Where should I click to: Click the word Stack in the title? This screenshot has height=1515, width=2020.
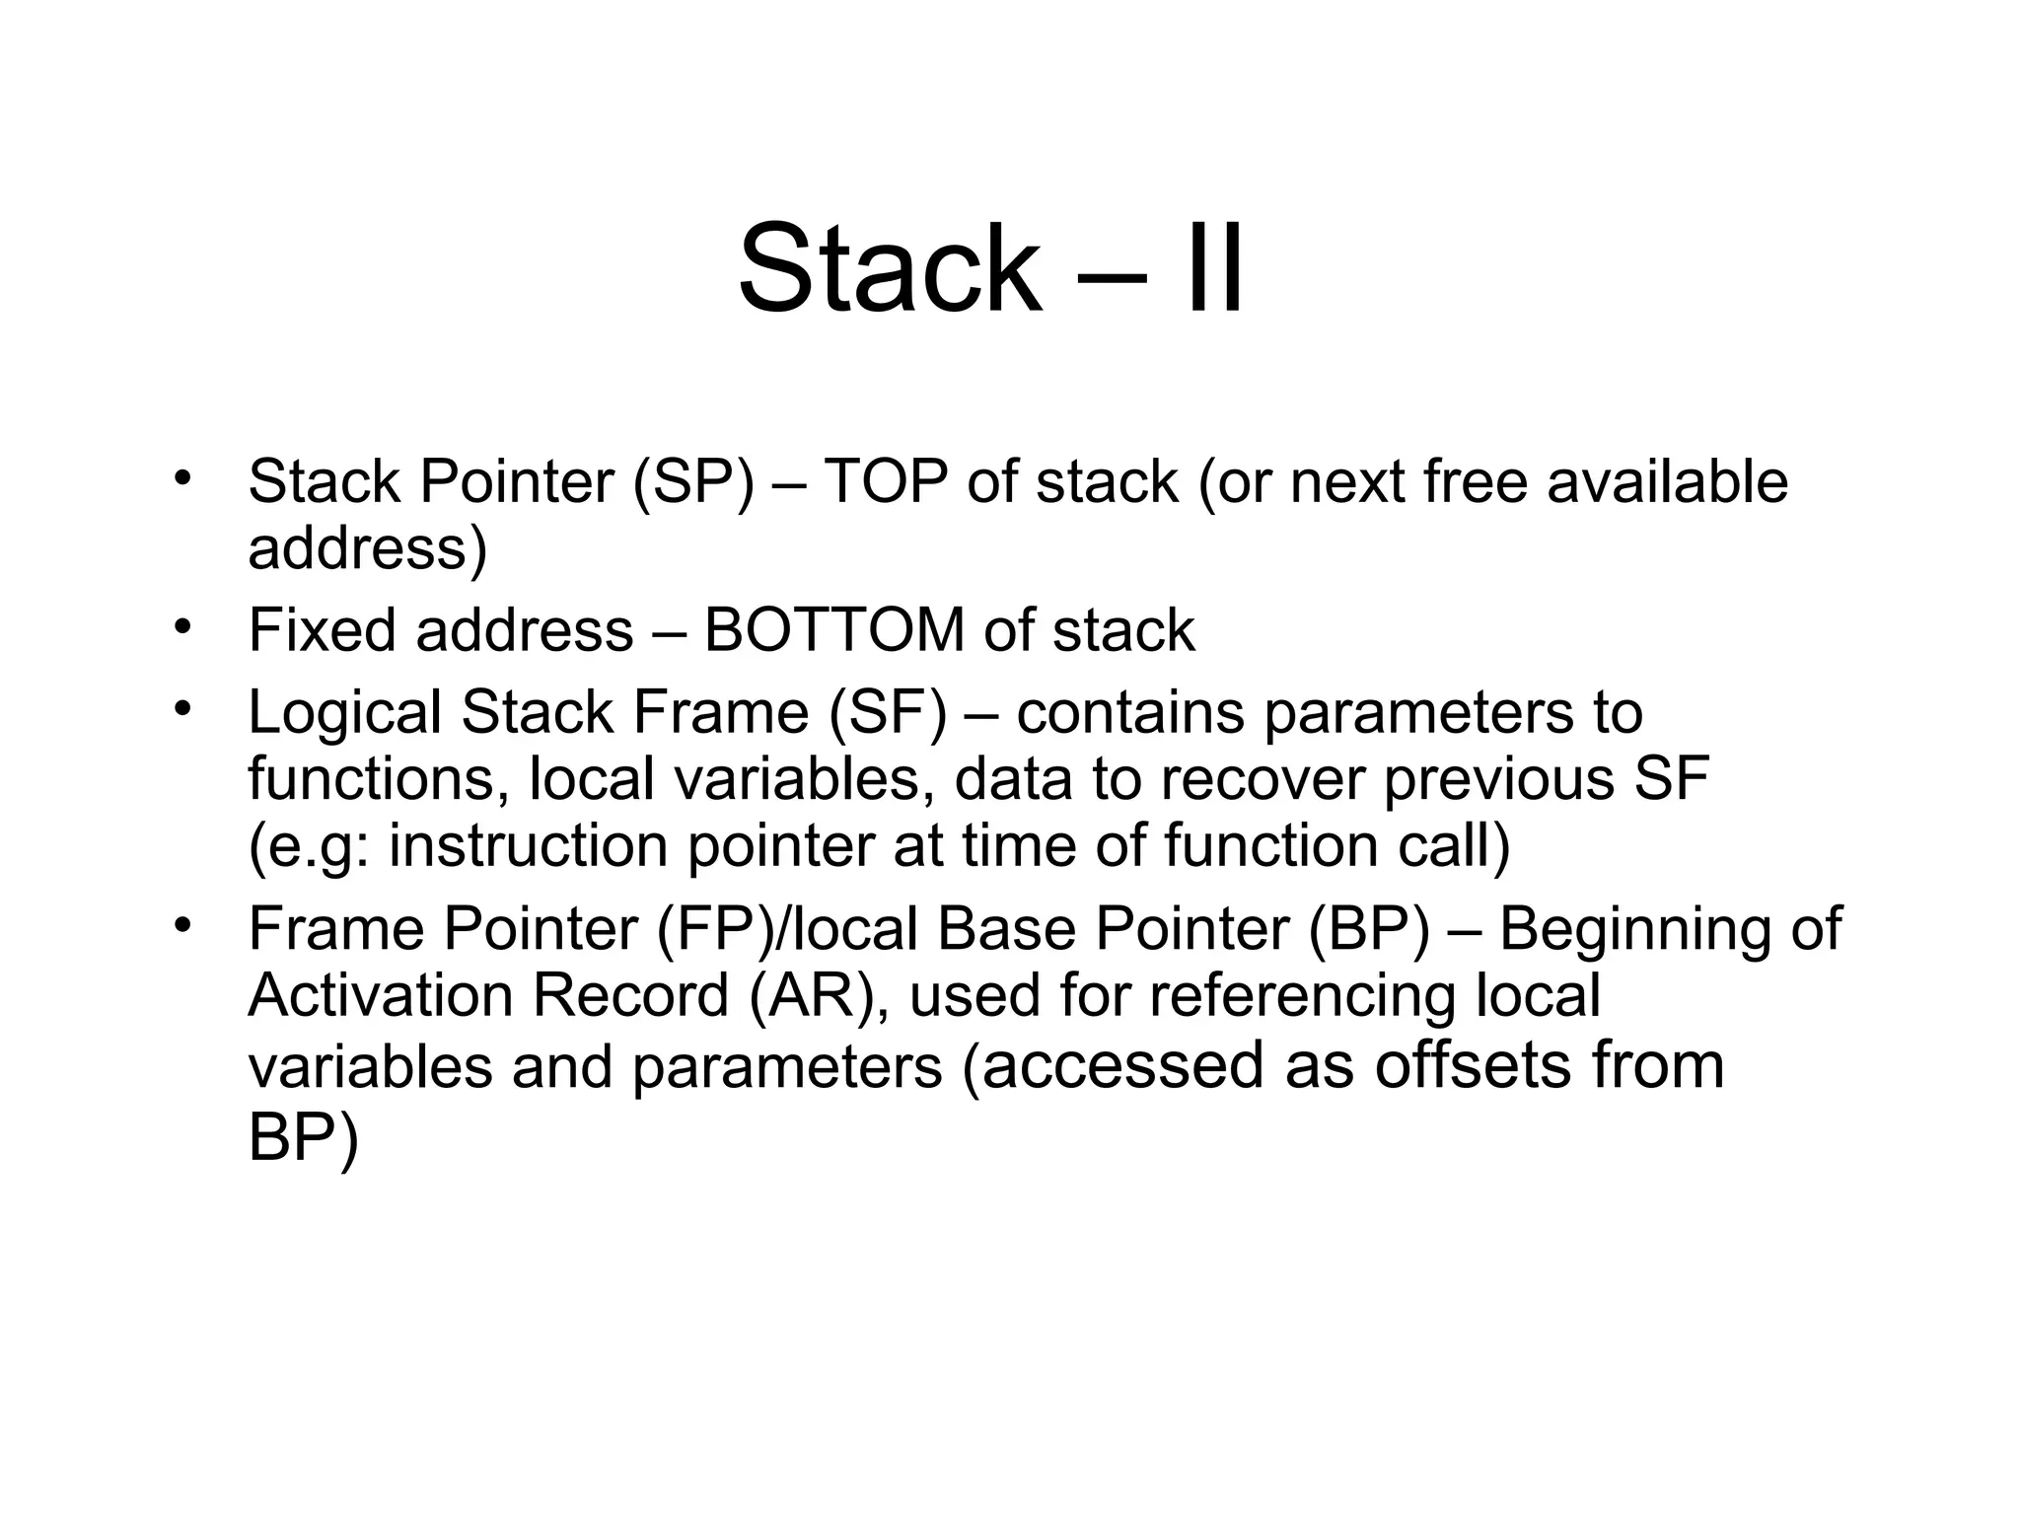[x=889, y=267]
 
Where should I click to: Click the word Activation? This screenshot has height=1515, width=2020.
[x=380, y=995]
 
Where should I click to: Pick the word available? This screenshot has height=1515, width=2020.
[x=1667, y=482]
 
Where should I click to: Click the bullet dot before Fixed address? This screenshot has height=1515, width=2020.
[x=181, y=627]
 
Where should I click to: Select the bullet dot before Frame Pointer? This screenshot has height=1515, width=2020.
[x=181, y=926]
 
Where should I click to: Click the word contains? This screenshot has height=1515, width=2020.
[x=1130, y=713]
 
